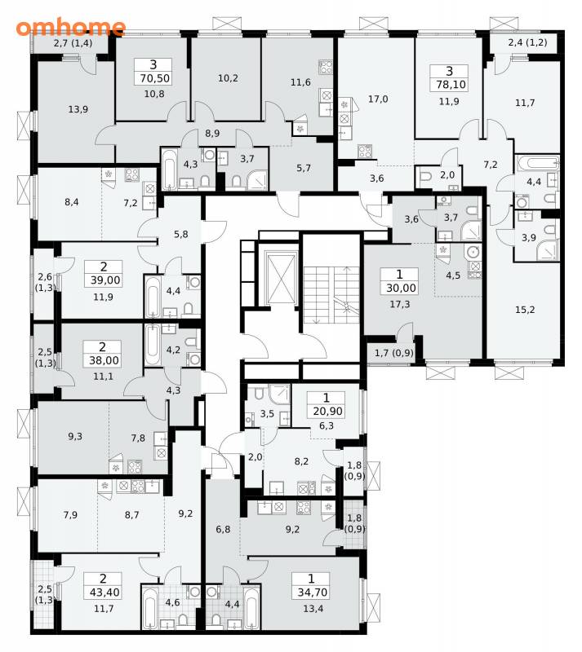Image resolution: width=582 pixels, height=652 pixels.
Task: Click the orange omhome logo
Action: (x=70, y=27)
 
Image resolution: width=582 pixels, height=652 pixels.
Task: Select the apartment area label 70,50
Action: (x=153, y=78)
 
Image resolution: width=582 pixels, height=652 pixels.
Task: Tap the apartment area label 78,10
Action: (x=451, y=85)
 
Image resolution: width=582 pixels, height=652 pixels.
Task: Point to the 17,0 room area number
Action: (x=378, y=99)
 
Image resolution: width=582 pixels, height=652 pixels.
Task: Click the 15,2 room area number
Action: (x=525, y=310)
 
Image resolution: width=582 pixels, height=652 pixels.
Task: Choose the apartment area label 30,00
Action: (x=400, y=288)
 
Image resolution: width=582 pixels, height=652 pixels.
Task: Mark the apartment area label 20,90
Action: (x=328, y=412)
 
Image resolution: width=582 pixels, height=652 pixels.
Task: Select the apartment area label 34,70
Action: (x=312, y=593)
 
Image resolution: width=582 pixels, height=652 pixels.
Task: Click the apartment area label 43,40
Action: (x=104, y=593)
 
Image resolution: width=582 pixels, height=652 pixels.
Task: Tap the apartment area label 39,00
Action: (x=105, y=280)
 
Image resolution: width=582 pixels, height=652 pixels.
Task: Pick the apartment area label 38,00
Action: (x=104, y=360)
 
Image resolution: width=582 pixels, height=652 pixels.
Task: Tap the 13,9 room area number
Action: (x=78, y=109)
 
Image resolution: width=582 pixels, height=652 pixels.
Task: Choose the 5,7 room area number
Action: (x=304, y=168)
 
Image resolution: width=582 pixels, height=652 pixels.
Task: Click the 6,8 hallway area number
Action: (x=223, y=529)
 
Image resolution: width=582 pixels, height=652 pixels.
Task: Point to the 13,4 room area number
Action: (x=313, y=608)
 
